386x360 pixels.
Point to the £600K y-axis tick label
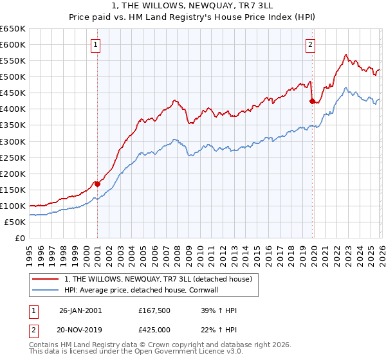13,44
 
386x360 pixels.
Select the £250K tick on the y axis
13,157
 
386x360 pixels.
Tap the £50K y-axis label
15,222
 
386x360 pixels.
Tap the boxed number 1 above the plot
96,45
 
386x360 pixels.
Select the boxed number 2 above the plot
310,45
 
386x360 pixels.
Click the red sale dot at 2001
97,184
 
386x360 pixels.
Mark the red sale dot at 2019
312,101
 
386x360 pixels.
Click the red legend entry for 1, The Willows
161,279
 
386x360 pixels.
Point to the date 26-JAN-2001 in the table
80,310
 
